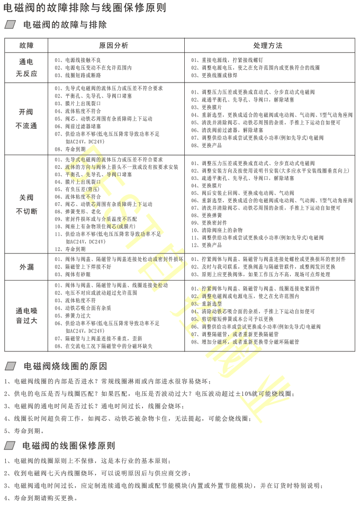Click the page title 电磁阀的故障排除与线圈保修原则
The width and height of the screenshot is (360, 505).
tap(85, 8)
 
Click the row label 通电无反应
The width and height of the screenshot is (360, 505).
tap(26, 68)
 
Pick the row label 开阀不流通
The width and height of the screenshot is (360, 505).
tap(26, 119)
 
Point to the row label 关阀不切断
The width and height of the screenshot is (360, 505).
tap(26, 204)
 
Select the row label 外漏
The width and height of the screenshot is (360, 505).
tap(26, 267)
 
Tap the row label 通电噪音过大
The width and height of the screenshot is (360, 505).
tap(26, 315)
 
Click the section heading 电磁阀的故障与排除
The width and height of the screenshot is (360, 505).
tap(65, 25)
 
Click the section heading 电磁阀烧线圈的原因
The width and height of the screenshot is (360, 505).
tap(65, 366)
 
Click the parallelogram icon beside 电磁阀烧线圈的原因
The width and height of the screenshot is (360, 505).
tap(11, 366)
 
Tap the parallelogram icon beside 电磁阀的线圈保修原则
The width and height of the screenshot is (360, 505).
tap(11, 446)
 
